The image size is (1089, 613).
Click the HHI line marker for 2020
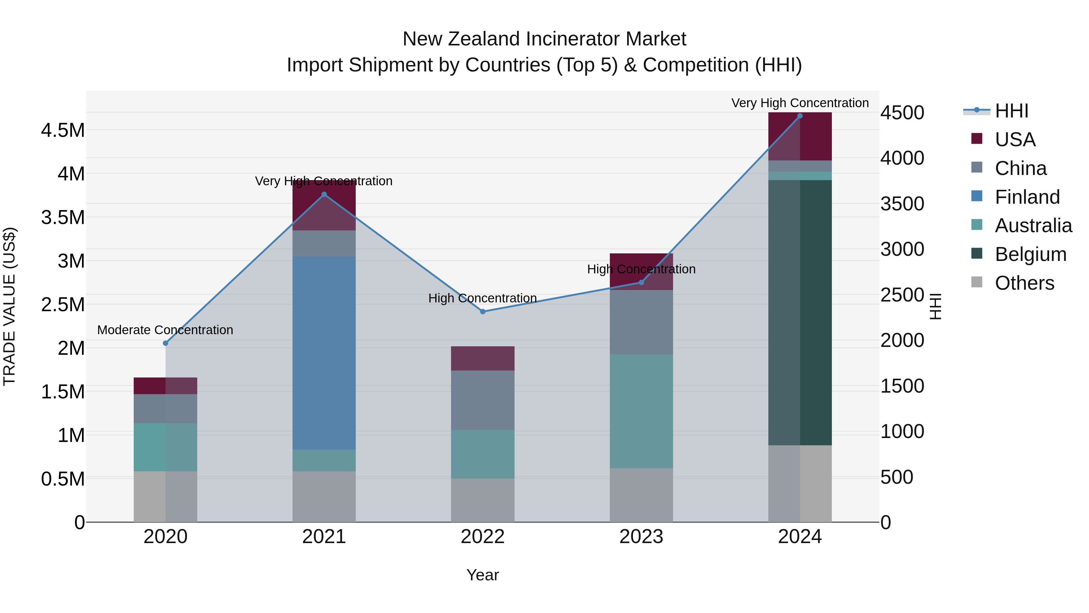(x=165, y=343)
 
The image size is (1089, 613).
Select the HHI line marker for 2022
(x=483, y=311)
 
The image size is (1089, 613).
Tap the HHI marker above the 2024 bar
(x=800, y=116)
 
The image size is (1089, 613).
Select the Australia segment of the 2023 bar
(x=641, y=411)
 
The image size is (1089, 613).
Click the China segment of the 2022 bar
(x=483, y=400)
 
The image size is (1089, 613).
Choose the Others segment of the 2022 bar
(x=483, y=500)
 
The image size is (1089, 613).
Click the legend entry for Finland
(x=1027, y=197)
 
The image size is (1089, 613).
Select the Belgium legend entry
(x=1030, y=254)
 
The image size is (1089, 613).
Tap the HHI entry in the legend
(x=1011, y=111)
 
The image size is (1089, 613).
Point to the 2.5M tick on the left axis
(x=63, y=305)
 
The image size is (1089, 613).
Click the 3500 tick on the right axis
(x=902, y=204)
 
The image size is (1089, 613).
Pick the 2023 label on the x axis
(x=641, y=537)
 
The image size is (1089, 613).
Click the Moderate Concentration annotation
(x=165, y=330)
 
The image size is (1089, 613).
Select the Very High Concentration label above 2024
(x=800, y=103)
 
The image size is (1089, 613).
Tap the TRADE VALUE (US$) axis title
(x=9, y=306)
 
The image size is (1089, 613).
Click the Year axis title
(x=482, y=575)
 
